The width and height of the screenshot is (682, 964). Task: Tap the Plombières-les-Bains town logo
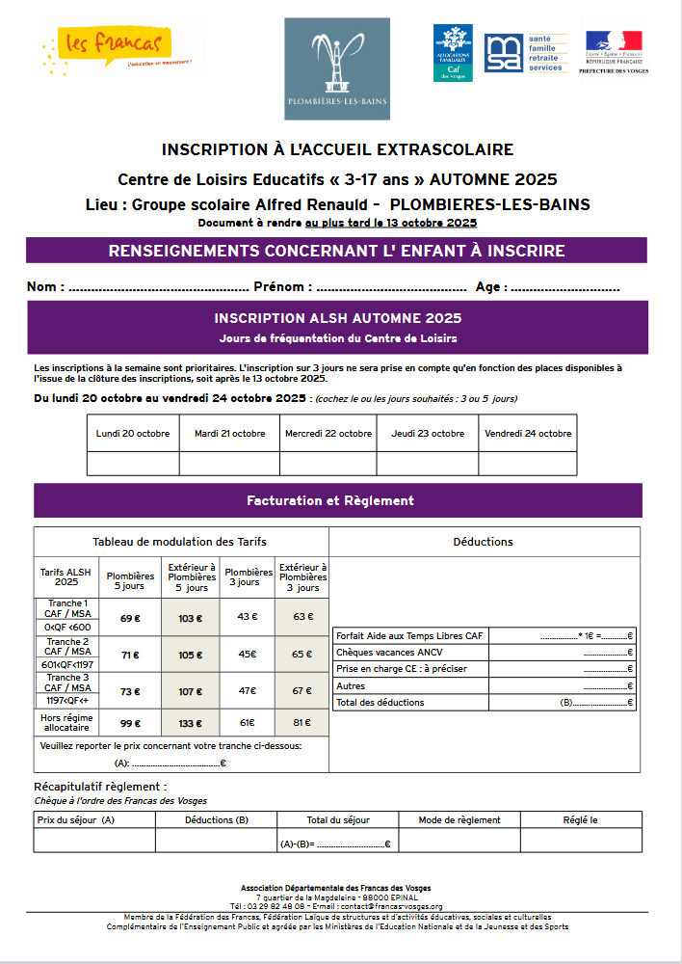click(x=336, y=69)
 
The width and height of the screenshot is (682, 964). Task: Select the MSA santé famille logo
click(x=526, y=54)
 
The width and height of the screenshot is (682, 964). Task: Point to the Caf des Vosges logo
click(x=453, y=54)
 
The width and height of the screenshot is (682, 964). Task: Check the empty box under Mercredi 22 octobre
click(x=328, y=464)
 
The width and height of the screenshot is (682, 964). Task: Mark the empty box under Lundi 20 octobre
click(x=133, y=464)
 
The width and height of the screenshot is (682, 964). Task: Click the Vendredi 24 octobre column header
click(x=528, y=434)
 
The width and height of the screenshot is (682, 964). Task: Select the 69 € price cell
click(x=130, y=619)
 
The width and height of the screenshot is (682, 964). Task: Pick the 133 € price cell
click(x=191, y=723)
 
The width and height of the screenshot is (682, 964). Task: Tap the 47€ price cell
click(x=247, y=690)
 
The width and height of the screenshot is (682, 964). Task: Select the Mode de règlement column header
click(x=459, y=819)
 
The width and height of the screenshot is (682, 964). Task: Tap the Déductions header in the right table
click(x=483, y=542)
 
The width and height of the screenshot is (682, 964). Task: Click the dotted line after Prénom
click(x=391, y=288)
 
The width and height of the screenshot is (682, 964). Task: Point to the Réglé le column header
click(x=580, y=819)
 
